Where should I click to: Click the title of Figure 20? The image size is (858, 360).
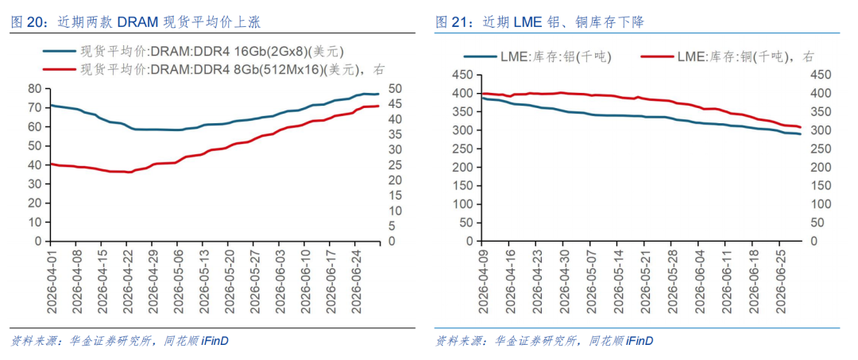click(x=136, y=22)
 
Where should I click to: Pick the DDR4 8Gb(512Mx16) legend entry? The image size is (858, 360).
click(x=214, y=69)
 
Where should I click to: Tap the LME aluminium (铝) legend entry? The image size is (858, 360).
click(x=537, y=56)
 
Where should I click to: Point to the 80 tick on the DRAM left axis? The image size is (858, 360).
click(x=36, y=89)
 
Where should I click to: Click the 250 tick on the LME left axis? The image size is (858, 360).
click(x=463, y=149)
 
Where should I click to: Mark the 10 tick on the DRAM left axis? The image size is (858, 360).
click(x=36, y=223)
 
